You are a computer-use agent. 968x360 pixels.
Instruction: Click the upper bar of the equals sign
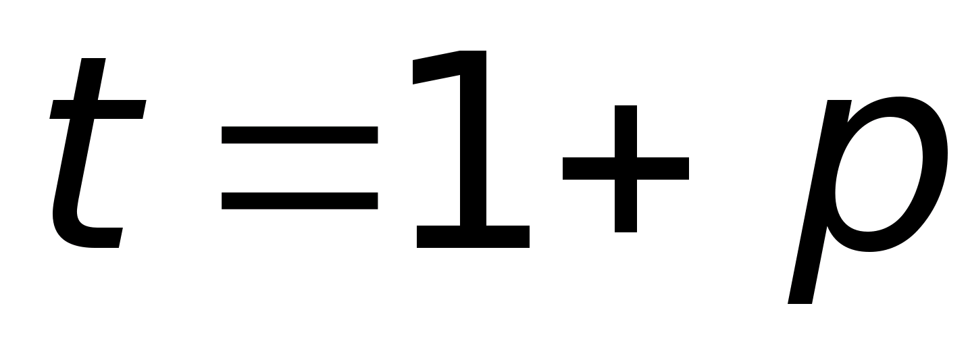coord(299,135)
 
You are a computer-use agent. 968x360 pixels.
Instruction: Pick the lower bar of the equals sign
coord(299,200)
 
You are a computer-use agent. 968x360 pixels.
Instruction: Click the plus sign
coord(626,169)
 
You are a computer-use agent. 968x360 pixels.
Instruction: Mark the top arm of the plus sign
coord(626,128)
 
